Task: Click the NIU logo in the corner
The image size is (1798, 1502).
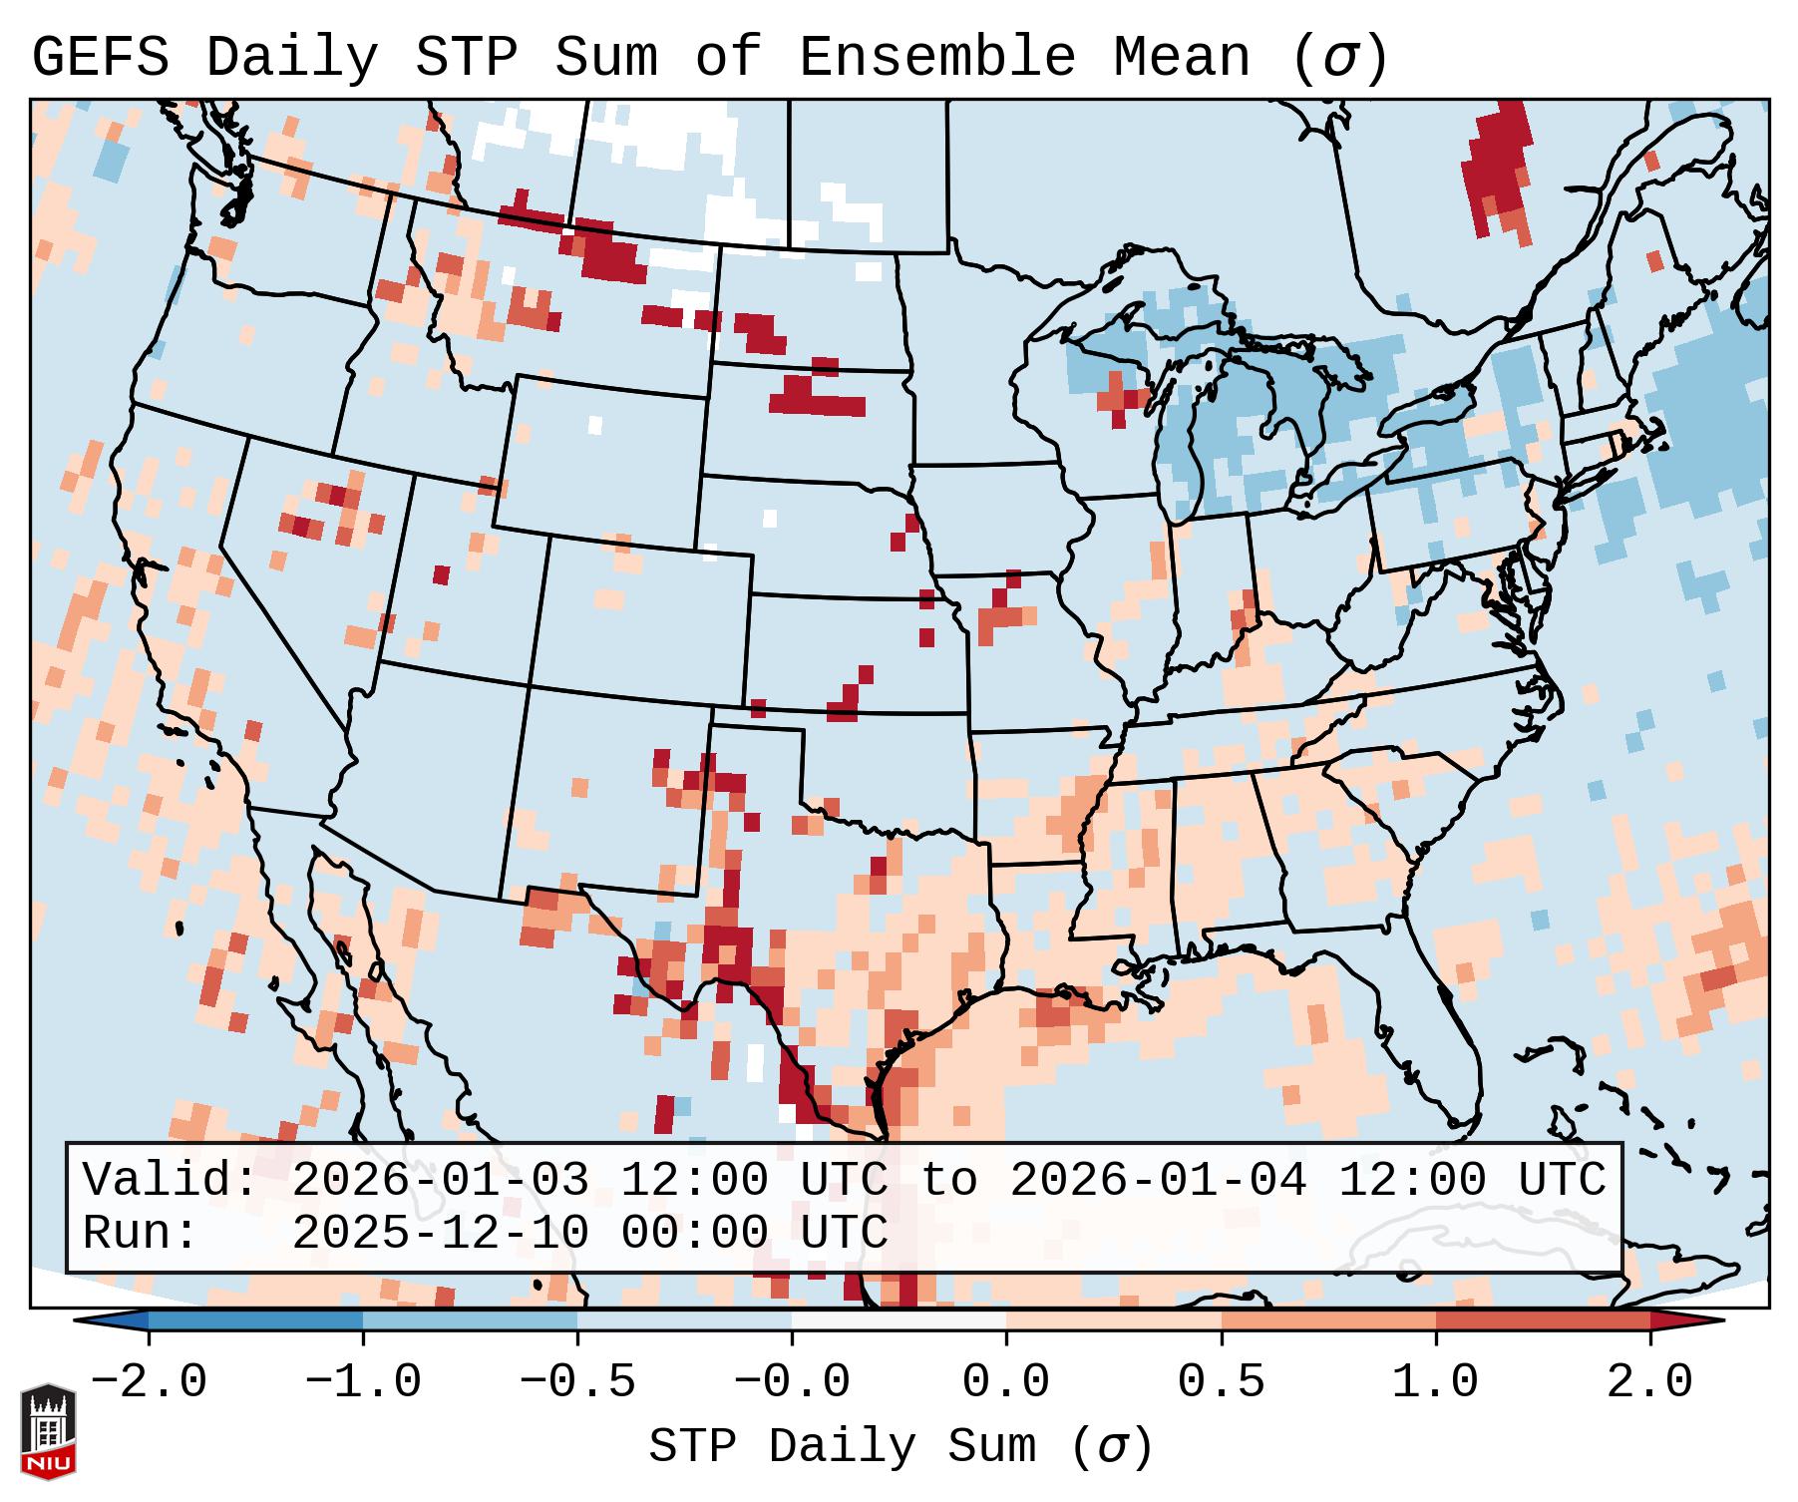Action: click(x=48, y=1431)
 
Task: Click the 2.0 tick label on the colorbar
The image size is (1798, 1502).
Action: click(x=1649, y=1382)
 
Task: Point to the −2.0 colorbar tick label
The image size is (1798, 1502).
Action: click(x=149, y=1382)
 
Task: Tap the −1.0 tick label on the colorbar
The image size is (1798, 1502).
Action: click(x=363, y=1382)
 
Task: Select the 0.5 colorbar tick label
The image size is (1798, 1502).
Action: click(x=1221, y=1382)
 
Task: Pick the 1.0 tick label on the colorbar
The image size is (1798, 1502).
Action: click(x=1435, y=1382)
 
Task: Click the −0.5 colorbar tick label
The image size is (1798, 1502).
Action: click(x=577, y=1382)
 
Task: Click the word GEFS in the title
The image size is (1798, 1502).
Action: click(x=101, y=58)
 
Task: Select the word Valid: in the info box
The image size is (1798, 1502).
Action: click(x=171, y=1181)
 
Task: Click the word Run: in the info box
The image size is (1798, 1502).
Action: click(x=141, y=1234)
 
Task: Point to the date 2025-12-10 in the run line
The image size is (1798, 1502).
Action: click(x=441, y=1234)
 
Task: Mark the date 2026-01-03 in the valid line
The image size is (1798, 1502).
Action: click(x=441, y=1181)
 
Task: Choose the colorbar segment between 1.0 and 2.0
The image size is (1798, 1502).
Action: click(x=1543, y=1320)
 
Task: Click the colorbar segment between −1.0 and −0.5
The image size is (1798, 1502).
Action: click(x=470, y=1320)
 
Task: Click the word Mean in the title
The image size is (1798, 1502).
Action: click(x=1181, y=58)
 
